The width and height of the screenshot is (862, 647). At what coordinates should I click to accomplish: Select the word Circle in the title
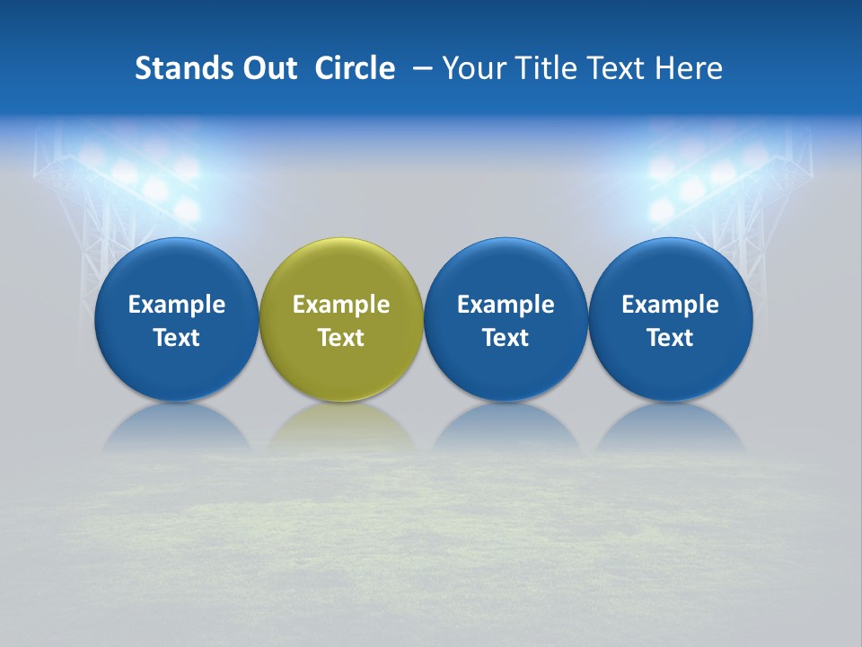pyautogui.click(x=355, y=68)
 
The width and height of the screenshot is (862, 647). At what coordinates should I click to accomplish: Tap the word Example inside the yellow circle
pyautogui.click(x=341, y=305)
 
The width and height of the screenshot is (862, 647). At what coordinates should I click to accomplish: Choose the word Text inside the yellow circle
pyautogui.click(x=341, y=338)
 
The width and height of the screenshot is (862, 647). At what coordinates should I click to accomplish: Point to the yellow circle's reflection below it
pyautogui.click(x=341, y=430)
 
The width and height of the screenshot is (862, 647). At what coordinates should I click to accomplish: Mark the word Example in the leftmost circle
pyautogui.click(x=176, y=305)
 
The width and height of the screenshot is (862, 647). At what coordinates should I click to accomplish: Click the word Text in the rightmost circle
pyautogui.click(x=671, y=338)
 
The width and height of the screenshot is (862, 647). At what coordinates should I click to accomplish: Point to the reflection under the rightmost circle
pyautogui.click(x=671, y=430)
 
